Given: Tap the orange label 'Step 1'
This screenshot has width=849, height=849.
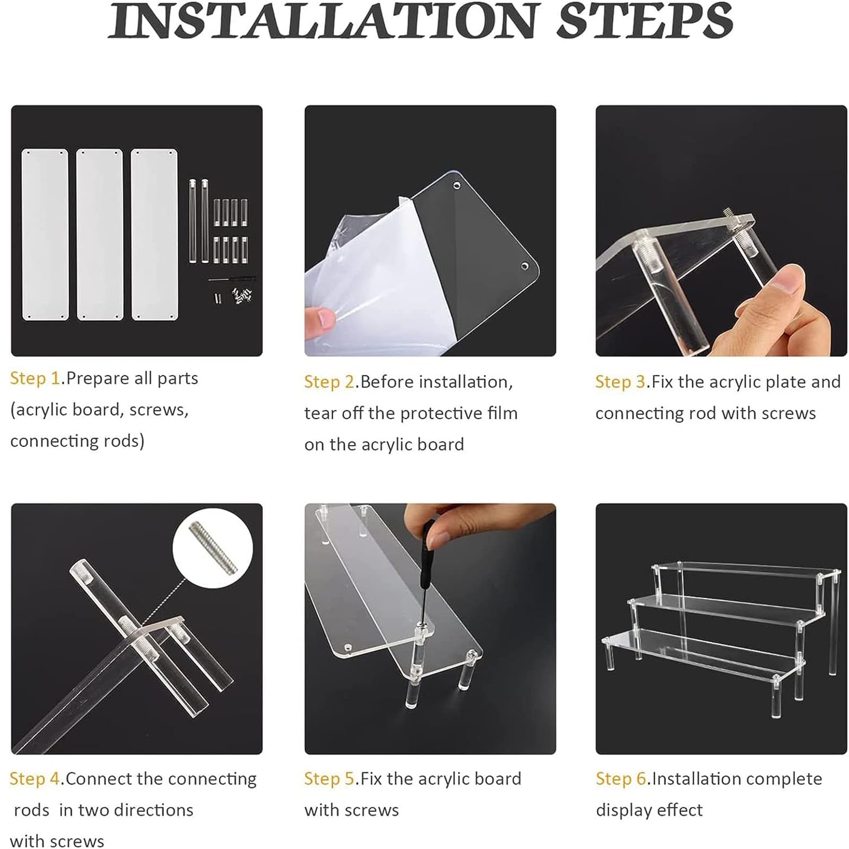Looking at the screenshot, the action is point(36,378).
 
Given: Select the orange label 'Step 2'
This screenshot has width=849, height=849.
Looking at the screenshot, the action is point(330,382).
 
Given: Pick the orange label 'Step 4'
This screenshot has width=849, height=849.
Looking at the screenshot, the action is point(36,779).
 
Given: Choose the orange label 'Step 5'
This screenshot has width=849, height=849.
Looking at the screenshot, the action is point(330,779).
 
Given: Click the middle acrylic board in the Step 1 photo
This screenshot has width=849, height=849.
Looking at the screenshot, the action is point(100,235).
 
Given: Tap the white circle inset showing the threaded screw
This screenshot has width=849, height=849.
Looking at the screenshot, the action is point(212,548).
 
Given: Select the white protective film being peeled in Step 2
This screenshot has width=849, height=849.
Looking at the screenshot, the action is point(361,276).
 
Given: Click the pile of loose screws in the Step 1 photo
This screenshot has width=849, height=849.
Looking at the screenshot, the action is point(242,296).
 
